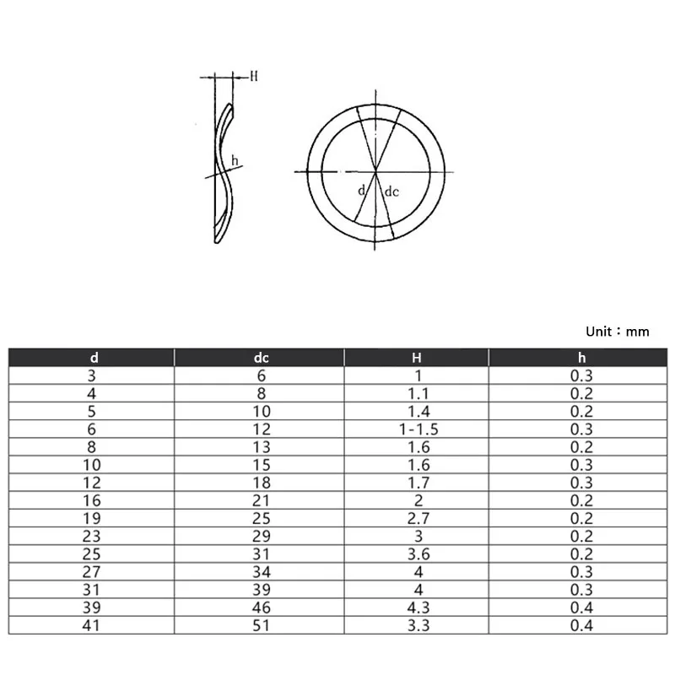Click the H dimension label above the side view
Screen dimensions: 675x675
point(254,76)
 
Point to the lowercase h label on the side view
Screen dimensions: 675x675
point(235,160)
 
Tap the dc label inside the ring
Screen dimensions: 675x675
point(391,192)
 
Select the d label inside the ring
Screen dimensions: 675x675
point(361,190)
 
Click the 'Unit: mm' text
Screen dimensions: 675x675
point(618,332)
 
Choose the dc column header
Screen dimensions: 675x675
point(262,358)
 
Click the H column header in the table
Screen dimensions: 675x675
point(416,358)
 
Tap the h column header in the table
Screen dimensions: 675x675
point(581,358)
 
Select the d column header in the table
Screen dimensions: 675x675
point(94,358)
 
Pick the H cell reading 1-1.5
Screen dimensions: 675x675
point(418,429)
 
